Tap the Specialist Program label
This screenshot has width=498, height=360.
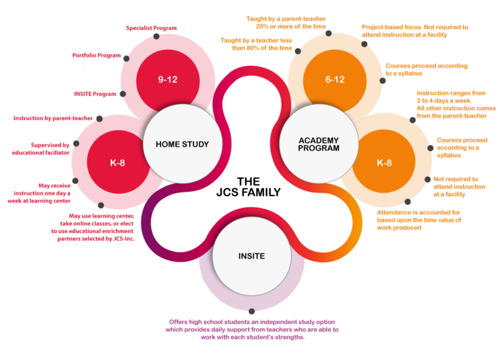coord(151,28)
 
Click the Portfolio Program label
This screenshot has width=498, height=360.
coord(96,55)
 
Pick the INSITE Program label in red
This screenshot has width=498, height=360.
coord(95,94)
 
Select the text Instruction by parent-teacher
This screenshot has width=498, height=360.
coord(53,118)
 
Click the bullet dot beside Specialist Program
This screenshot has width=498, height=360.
coord(156,36)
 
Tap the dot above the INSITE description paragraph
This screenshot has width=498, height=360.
coord(251,311)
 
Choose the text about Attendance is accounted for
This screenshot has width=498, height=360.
coord(418,219)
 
